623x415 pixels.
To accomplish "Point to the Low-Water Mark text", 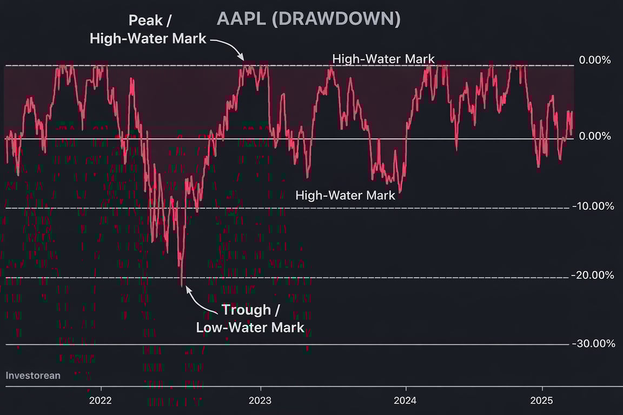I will pyautogui.click(x=250, y=327).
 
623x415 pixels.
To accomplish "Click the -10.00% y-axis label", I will pyautogui.click(x=593, y=206).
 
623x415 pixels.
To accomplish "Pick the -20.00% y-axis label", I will pyautogui.click(x=593, y=276).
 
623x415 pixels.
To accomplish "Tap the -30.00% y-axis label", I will pyautogui.click(x=593, y=344).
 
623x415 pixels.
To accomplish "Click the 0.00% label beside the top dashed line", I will pyautogui.click(x=595, y=60).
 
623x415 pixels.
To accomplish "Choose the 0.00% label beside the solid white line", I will pyautogui.click(x=595, y=136).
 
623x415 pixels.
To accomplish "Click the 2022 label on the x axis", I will pyautogui.click(x=101, y=400).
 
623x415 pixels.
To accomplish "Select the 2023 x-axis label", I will pyautogui.click(x=261, y=400).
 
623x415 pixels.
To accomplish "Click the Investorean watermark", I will pyautogui.click(x=33, y=375).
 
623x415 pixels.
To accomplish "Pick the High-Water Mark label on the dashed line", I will pyautogui.click(x=383, y=59).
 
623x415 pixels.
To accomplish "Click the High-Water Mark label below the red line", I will pyautogui.click(x=346, y=195).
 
